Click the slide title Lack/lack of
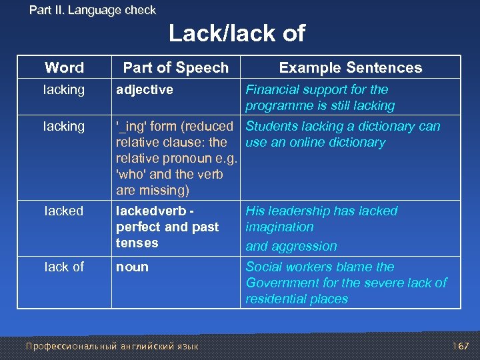coord(237,33)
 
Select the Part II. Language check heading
coord(93,10)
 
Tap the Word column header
coord(64,67)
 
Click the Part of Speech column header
coord(175,67)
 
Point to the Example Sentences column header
coord(350,67)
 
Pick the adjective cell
coord(145,89)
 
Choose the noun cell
coord(132,267)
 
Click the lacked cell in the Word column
coord(64,211)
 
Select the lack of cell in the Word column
coord(64,267)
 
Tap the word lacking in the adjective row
coord(64,89)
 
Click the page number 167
coord(460,346)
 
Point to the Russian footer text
coord(111,346)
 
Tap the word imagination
coord(279,227)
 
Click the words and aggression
coord(291,246)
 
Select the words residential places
coord(297,299)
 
